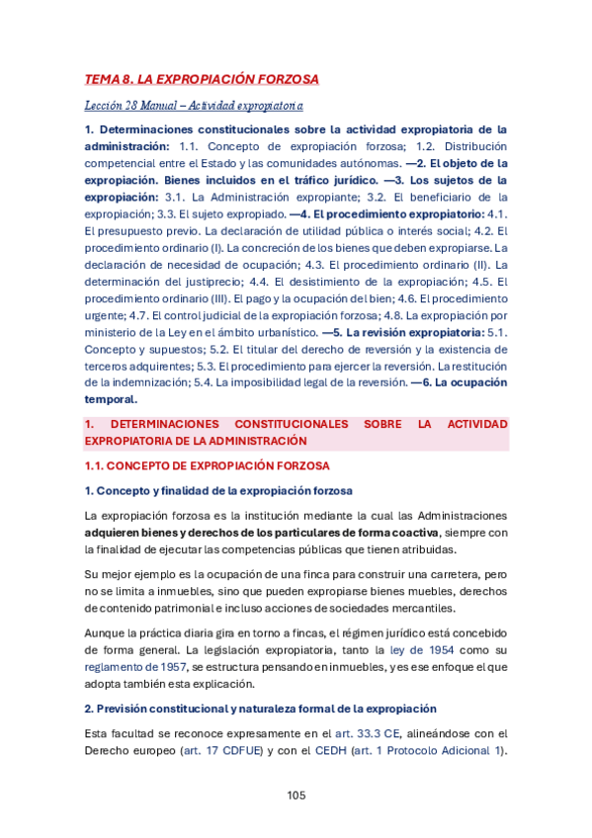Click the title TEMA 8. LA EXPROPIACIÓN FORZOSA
202,79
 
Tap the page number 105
296,796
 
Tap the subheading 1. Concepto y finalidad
219,490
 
